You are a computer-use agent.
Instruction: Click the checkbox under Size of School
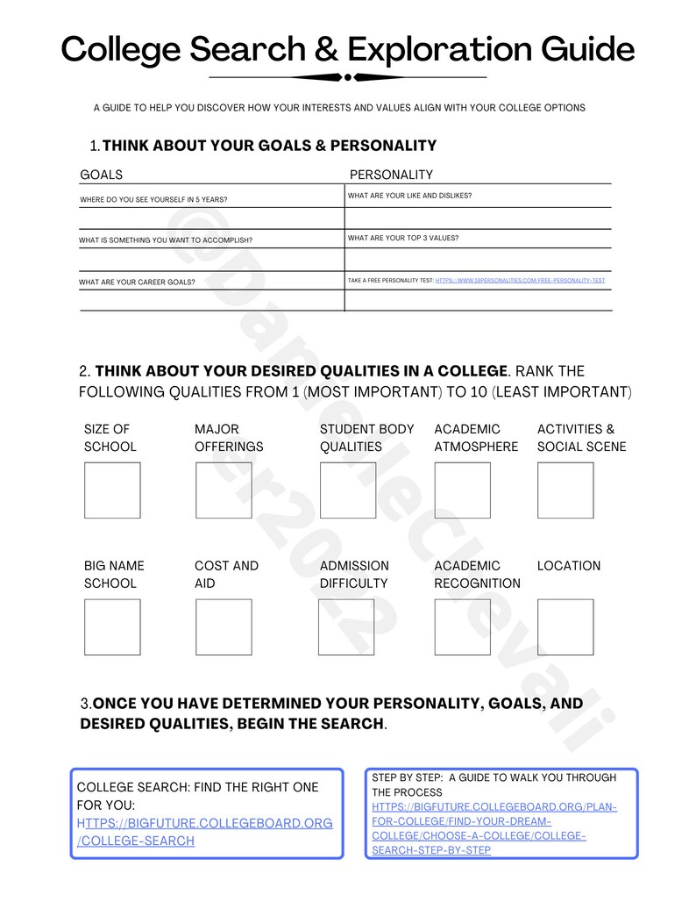[112, 490]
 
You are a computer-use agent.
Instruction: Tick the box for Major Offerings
[224, 490]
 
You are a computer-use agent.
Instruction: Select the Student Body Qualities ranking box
[348, 490]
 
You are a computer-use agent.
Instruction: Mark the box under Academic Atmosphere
[462, 490]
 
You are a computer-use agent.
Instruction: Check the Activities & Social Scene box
[565, 490]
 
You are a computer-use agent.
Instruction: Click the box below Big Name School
[112, 626]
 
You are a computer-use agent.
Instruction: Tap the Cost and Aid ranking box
[224, 626]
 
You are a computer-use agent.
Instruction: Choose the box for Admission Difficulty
[346, 626]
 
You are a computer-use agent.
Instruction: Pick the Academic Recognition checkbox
[462, 626]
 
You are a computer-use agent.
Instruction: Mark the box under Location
[565, 626]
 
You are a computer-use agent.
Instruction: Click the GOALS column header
[102, 175]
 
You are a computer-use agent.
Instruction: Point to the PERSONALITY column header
[391, 175]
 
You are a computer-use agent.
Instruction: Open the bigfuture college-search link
[204, 832]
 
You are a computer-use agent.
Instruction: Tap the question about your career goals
[137, 283]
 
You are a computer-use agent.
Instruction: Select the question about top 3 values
[403, 238]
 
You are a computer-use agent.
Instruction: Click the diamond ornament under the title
[348, 77]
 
